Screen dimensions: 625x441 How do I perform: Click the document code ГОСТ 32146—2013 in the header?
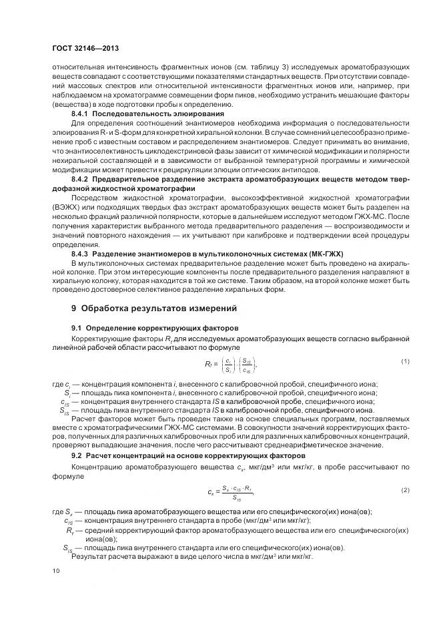point(85,48)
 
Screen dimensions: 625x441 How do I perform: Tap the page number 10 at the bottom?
point(56,570)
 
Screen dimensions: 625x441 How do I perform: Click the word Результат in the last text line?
point(89,556)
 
